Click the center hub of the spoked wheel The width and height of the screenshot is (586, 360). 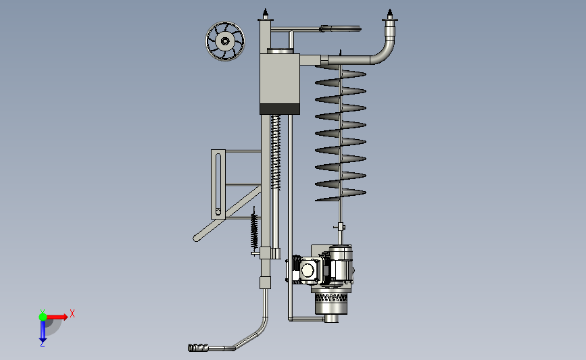(225, 41)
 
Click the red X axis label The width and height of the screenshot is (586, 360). (72, 313)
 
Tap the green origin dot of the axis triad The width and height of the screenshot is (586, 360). (43, 317)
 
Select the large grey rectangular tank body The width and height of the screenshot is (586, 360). (280, 79)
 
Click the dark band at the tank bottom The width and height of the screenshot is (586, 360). (280, 109)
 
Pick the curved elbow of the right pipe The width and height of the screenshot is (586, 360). (385, 52)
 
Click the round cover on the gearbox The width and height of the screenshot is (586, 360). (308, 270)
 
